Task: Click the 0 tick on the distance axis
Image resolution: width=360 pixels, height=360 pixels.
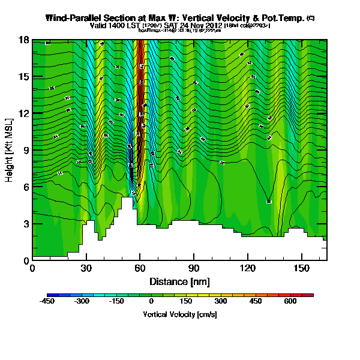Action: pyautogui.click(x=32, y=268)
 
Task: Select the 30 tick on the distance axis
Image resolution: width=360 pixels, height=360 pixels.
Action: pyautogui.click(x=86, y=268)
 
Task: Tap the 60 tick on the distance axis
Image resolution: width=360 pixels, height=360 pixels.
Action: pyautogui.click(x=140, y=268)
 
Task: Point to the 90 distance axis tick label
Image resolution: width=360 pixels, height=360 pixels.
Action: pyautogui.click(x=194, y=268)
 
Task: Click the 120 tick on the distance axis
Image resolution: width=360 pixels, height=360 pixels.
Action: pyautogui.click(x=248, y=268)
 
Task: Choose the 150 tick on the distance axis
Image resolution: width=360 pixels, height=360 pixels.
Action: pyautogui.click(x=301, y=268)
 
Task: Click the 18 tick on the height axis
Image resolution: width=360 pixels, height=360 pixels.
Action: pyautogui.click(x=25, y=40)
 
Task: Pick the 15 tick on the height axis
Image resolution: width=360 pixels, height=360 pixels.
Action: pyautogui.click(x=25, y=77)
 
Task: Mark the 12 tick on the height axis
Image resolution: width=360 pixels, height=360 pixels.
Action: pyautogui.click(x=25, y=113)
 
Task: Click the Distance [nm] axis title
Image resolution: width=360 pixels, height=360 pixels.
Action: pyautogui.click(x=179, y=281)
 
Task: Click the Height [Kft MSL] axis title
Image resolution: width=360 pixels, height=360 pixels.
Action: pyautogui.click(x=10, y=150)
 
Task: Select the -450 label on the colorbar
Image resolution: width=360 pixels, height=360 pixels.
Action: pyautogui.click(x=47, y=302)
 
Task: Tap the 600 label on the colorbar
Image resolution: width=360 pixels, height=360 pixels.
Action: pyautogui.click(x=290, y=302)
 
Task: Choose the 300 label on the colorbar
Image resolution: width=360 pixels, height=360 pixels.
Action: pyautogui.click(x=221, y=302)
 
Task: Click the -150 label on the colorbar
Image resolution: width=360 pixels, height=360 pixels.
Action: pyautogui.click(x=116, y=302)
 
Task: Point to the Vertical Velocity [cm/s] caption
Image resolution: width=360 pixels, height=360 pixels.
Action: pyautogui.click(x=179, y=314)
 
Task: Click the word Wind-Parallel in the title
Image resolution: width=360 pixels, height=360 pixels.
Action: pyautogui.click(x=77, y=19)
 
